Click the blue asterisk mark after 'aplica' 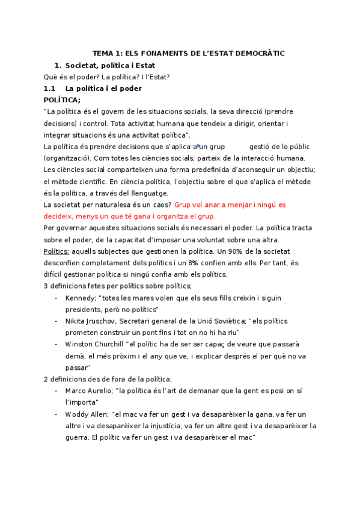pos(198,146)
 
